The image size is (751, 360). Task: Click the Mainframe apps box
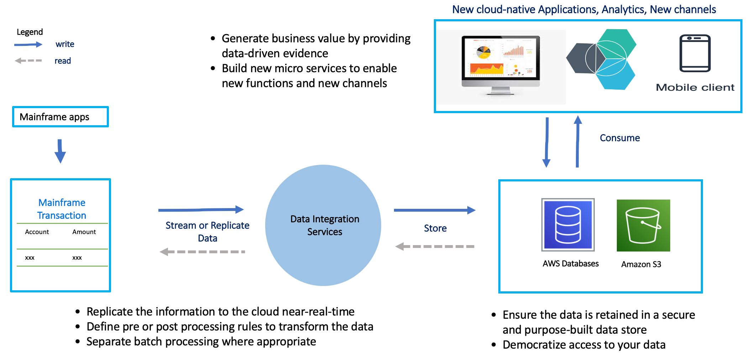pos(60,117)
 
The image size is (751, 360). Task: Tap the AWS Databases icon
pos(568,225)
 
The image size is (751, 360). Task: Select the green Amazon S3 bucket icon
pos(643,225)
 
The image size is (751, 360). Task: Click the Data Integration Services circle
pos(323,225)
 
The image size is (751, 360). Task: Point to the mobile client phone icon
pos(695,53)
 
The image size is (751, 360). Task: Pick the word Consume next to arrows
pos(620,138)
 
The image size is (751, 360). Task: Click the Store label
pos(435,228)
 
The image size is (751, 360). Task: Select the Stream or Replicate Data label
pos(207,232)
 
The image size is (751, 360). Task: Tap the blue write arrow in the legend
pos(28,44)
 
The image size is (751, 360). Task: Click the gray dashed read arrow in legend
pos(28,61)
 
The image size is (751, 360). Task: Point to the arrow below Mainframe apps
pos(60,151)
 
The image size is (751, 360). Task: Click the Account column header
pos(37,232)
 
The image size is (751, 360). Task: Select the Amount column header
pos(84,232)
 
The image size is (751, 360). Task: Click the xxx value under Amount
pos(77,258)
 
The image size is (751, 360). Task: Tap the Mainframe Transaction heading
pos(62,209)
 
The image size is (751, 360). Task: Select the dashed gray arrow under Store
pos(435,246)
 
